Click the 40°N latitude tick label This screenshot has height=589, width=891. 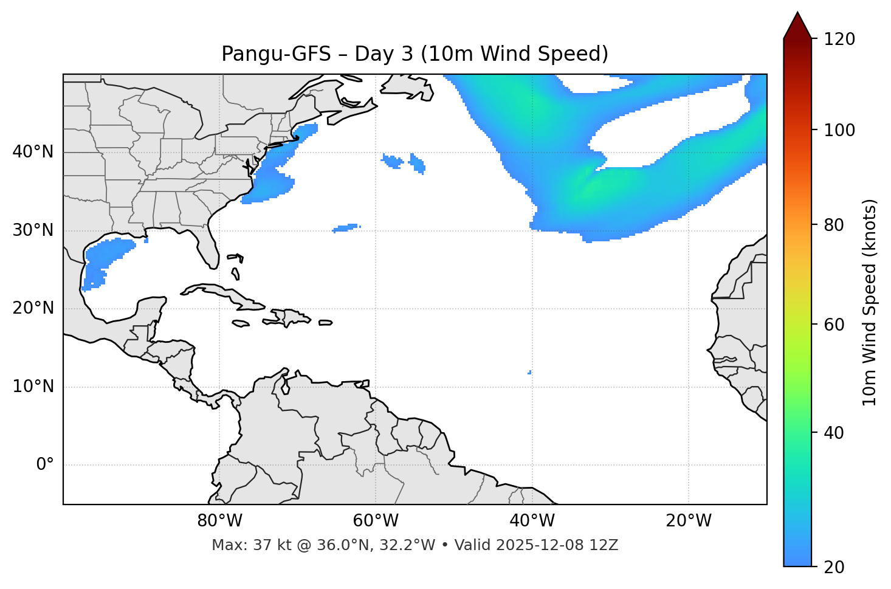(33, 152)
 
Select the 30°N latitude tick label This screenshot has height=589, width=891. (33, 230)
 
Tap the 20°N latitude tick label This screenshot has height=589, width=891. (33, 308)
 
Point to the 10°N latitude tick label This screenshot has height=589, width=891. (33, 387)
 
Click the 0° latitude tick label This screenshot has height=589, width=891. (45, 465)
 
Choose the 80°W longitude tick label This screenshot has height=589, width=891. (219, 521)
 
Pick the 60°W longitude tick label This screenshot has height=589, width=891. (376, 521)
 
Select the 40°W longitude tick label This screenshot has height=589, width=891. (532, 521)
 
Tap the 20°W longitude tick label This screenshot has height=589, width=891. (688, 521)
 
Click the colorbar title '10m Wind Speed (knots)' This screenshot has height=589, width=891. (870, 302)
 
